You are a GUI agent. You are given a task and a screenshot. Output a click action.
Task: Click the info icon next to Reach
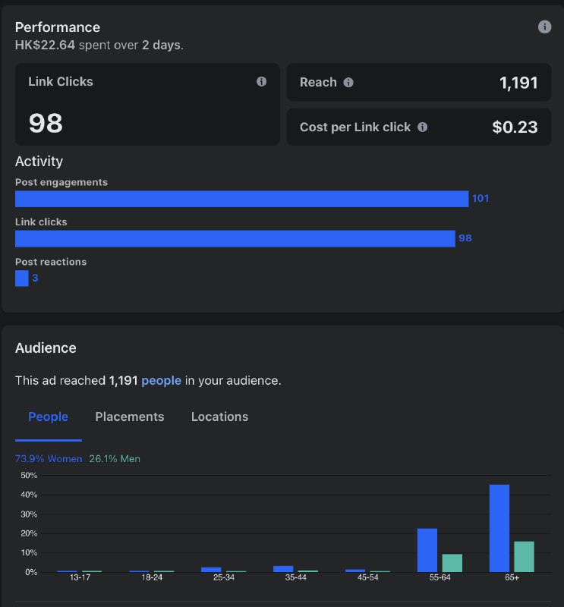pyautogui.click(x=348, y=83)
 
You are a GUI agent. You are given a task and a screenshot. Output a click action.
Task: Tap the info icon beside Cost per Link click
pyautogui.click(x=422, y=127)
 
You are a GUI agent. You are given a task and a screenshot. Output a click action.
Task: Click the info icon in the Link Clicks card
pyautogui.click(x=261, y=82)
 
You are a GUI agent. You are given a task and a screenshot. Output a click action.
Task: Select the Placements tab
pyautogui.click(x=130, y=417)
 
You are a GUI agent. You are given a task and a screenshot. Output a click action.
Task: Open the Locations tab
pyautogui.click(x=219, y=417)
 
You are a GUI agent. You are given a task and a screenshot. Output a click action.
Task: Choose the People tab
pyautogui.click(x=48, y=417)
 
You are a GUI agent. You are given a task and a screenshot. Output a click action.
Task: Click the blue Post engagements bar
pyautogui.click(x=241, y=199)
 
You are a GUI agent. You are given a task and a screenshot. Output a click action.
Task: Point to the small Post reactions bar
pyautogui.click(x=22, y=278)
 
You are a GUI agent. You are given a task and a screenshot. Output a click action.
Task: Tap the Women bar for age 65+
pyautogui.click(x=499, y=528)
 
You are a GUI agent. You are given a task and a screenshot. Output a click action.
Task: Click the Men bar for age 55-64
pyautogui.click(x=452, y=563)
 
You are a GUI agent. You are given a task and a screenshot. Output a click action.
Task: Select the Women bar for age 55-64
pyautogui.click(x=427, y=550)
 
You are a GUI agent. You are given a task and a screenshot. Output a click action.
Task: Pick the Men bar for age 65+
pyautogui.click(x=524, y=557)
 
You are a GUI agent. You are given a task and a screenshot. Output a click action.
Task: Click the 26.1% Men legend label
pyautogui.click(x=115, y=459)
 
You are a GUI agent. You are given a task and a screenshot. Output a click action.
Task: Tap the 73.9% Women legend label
pyautogui.click(x=49, y=459)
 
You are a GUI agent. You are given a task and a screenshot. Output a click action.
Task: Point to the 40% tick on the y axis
pyautogui.click(x=29, y=495)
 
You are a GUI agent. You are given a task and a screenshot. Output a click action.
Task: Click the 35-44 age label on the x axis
pyautogui.click(x=295, y=577)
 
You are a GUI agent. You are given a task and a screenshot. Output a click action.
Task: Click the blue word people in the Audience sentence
pyautogui.click(x=161, y=381)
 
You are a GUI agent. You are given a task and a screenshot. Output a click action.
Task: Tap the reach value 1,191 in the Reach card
pyautogui.click(x=518, y=83)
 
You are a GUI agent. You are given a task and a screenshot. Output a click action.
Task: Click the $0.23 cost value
pyautogui.click(x=515, y=127)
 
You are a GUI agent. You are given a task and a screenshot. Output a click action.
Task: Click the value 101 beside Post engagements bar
pyautogui.click(x=481, y=199)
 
